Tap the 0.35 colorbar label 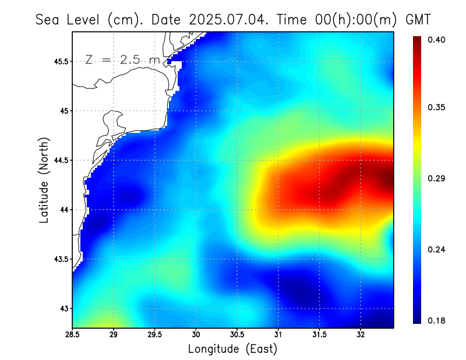(437, 107)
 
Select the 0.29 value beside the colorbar (437, 178)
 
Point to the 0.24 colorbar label (437, 249)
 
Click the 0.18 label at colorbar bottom (437, 320)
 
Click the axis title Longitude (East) (232, 349)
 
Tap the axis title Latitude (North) (44, 179)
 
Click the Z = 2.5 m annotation (122, 59)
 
